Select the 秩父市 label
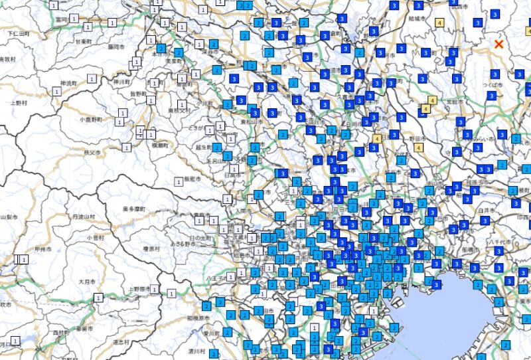[92, 153]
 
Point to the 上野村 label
[17, 103]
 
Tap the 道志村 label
[120, 341]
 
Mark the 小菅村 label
[95, 236]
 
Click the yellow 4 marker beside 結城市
[439, 23]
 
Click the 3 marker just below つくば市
[491, 96]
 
